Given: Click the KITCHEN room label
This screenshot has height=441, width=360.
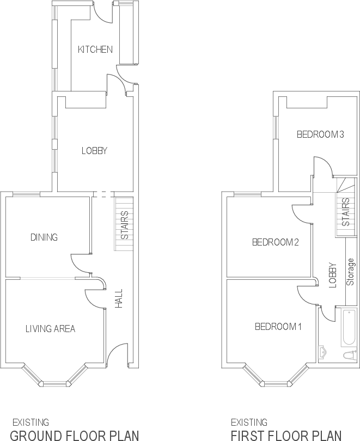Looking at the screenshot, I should tap(95, 50).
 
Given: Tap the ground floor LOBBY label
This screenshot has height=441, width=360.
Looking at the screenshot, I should tap(94, 151).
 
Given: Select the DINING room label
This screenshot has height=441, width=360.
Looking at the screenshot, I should tap(44, 237).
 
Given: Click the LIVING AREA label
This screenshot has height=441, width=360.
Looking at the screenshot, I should tap(50, 328).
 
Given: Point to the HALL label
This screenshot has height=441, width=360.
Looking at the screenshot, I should tap(119, 298).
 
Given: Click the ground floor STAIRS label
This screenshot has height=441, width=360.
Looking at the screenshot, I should tap(125, 225).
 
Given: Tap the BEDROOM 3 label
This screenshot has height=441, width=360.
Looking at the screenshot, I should tap(321, 134).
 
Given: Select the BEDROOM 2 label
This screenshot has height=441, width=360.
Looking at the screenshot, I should tap(275, 243).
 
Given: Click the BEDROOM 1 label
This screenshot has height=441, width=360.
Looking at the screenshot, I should tap(278, 327).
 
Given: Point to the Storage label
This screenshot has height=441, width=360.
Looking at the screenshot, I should tap(351, 272).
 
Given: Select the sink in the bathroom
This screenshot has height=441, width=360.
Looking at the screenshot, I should tap(322, 352).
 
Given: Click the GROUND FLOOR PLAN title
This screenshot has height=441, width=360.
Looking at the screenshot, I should tap(75, 435).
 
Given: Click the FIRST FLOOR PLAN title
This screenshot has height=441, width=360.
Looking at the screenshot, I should tap(286, 435).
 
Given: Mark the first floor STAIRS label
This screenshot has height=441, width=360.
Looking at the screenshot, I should tap(345, 212).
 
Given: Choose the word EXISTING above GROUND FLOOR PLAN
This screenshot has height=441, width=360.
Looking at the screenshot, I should tap(30, 422).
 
